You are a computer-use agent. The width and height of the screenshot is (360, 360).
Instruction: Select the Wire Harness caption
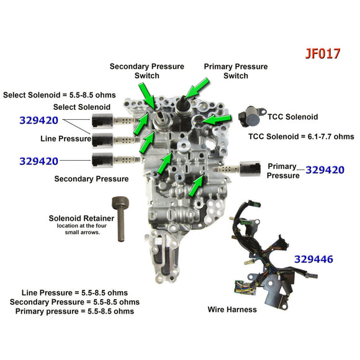[x=232, y=309]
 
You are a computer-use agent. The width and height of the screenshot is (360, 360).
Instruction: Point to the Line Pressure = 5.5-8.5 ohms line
[x=74, y=292]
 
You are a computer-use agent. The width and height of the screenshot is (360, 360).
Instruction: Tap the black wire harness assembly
[x=261, y=254]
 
